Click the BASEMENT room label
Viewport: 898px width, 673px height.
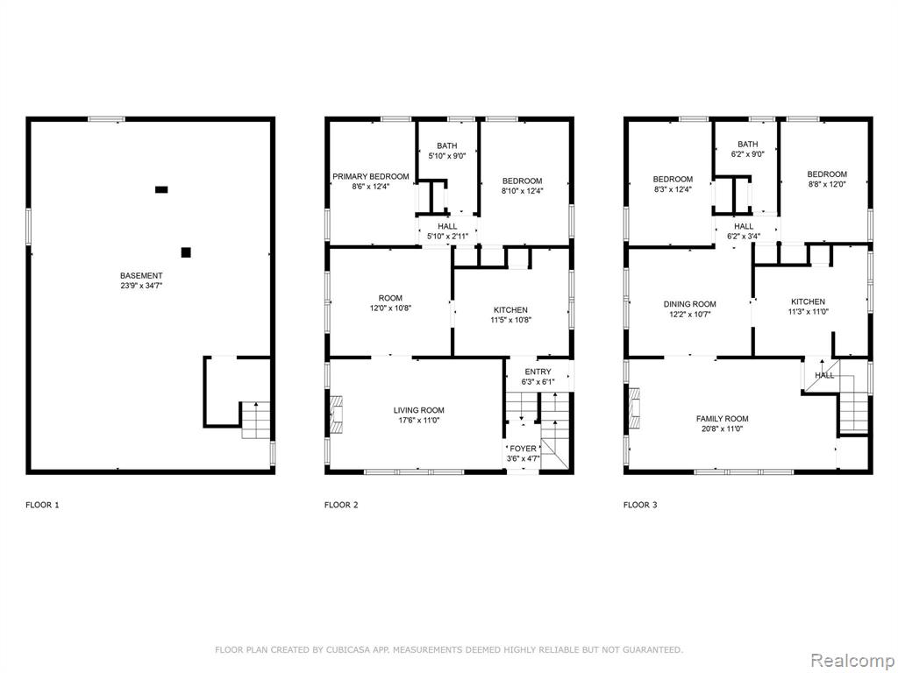pyautogui.click(x=141, y=275)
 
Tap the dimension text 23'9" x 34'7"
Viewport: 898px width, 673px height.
pyautogui.click(x=141, y=286)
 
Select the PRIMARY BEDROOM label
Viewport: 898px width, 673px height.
pyautogui.click(x=371, y=176)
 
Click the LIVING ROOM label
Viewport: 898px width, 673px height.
pyautogui.click(x=418, y=410)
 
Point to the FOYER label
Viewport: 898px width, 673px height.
pyautogui.click(x=523, y=449)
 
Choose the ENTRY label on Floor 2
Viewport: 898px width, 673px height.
pyautogui.click(x=538, y=372)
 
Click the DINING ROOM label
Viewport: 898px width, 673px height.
pyautogui.click(x=689, y=304)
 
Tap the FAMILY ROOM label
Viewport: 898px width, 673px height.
pyautogui.click(x=723, y=418)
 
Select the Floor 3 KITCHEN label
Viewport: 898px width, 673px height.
pyautogui.click(x=808, y=301)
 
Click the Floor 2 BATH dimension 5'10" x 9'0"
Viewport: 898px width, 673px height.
pyautogui.click(x=446, y=156)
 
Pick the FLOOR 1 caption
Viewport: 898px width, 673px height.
pyautogui.click(x=42, y=505)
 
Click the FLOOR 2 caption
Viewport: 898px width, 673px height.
pyautogui.click(x=341, y=505)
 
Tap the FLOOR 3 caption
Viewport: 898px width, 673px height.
pyautogui.click(x=640, y=505)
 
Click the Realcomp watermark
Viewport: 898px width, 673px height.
pyautogui.click(x=852, y=661)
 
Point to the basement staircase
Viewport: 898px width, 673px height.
pyautogui.click(x=255, y=420)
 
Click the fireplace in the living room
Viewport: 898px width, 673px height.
pyautogui.click(x=335, y=414)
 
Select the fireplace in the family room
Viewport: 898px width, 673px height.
pyautogui.click(x=634, y=408)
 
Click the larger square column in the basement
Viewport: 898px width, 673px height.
pyautogui.click(x=186, y=252)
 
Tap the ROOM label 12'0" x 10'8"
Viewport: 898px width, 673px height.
pyautogui.click(x=390, y=302)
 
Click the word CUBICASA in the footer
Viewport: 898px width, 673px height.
pyautogui.click(x=347, y=649)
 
